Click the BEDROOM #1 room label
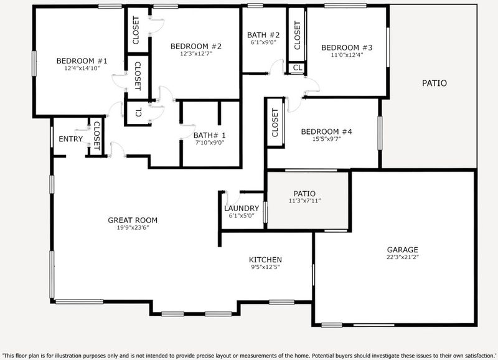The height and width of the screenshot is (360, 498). click(82, 60)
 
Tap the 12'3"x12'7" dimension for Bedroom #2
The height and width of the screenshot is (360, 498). click(196, 54)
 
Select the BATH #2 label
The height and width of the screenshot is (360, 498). click(263, 35)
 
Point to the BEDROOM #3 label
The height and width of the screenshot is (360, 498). click(347, 48)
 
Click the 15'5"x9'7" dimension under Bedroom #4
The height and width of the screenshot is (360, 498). click(326, 138)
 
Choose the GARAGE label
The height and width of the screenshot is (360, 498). click(402, 250)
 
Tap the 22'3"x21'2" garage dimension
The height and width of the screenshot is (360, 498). click(402, 257)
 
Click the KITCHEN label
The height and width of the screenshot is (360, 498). click(265, 260)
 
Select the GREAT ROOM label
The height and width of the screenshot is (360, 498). click(133, 220)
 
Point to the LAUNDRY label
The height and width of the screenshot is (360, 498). click(242, 209)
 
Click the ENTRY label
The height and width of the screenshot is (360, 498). click(70, 139)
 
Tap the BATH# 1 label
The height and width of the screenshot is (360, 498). click(210, 135)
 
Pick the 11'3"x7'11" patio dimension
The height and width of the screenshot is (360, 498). click(304, 201)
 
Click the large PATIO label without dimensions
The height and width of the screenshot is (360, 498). click(434, 83)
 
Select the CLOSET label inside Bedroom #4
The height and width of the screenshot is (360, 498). click(275, 123)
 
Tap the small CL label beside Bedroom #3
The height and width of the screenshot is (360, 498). click(298, 68)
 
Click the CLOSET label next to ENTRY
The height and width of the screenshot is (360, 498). click(97, 136)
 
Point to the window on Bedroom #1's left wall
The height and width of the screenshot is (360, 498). click(34, 64)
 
